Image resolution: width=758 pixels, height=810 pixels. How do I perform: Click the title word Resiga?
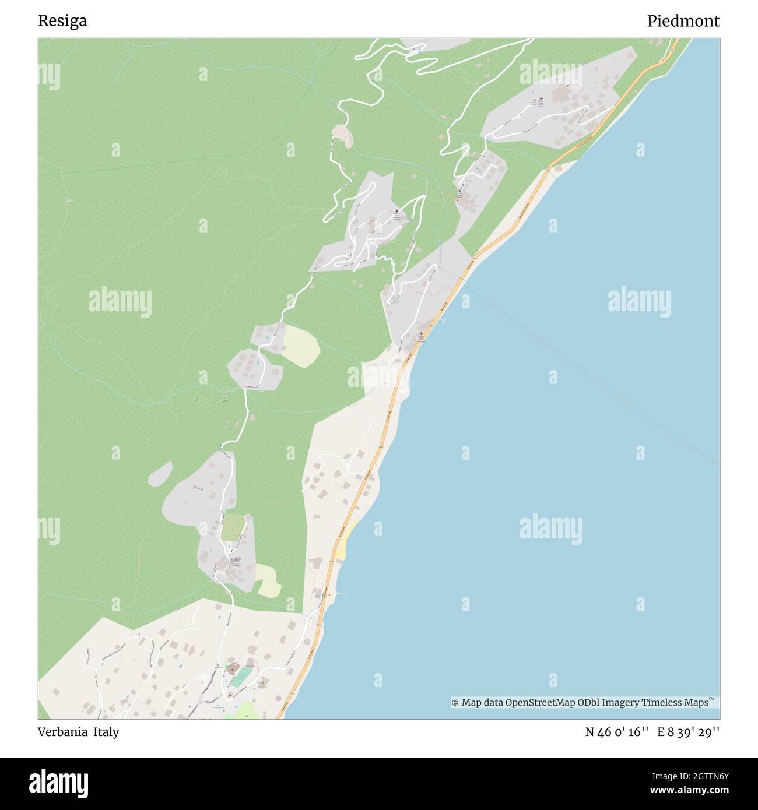tap(62, 21)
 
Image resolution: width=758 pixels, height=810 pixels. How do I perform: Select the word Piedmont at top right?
tap(683, 21)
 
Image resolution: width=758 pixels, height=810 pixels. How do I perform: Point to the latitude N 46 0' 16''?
tap(617, 732)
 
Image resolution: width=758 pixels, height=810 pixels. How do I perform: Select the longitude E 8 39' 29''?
tap(689, 732)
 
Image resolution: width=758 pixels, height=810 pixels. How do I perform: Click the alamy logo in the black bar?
tap(59, 783)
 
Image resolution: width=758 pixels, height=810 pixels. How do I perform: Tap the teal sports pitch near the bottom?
tap(241, 677)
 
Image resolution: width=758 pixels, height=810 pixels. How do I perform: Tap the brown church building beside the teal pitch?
tap(232, 668)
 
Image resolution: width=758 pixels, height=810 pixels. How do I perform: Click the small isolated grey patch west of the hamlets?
tap(160, 474)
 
